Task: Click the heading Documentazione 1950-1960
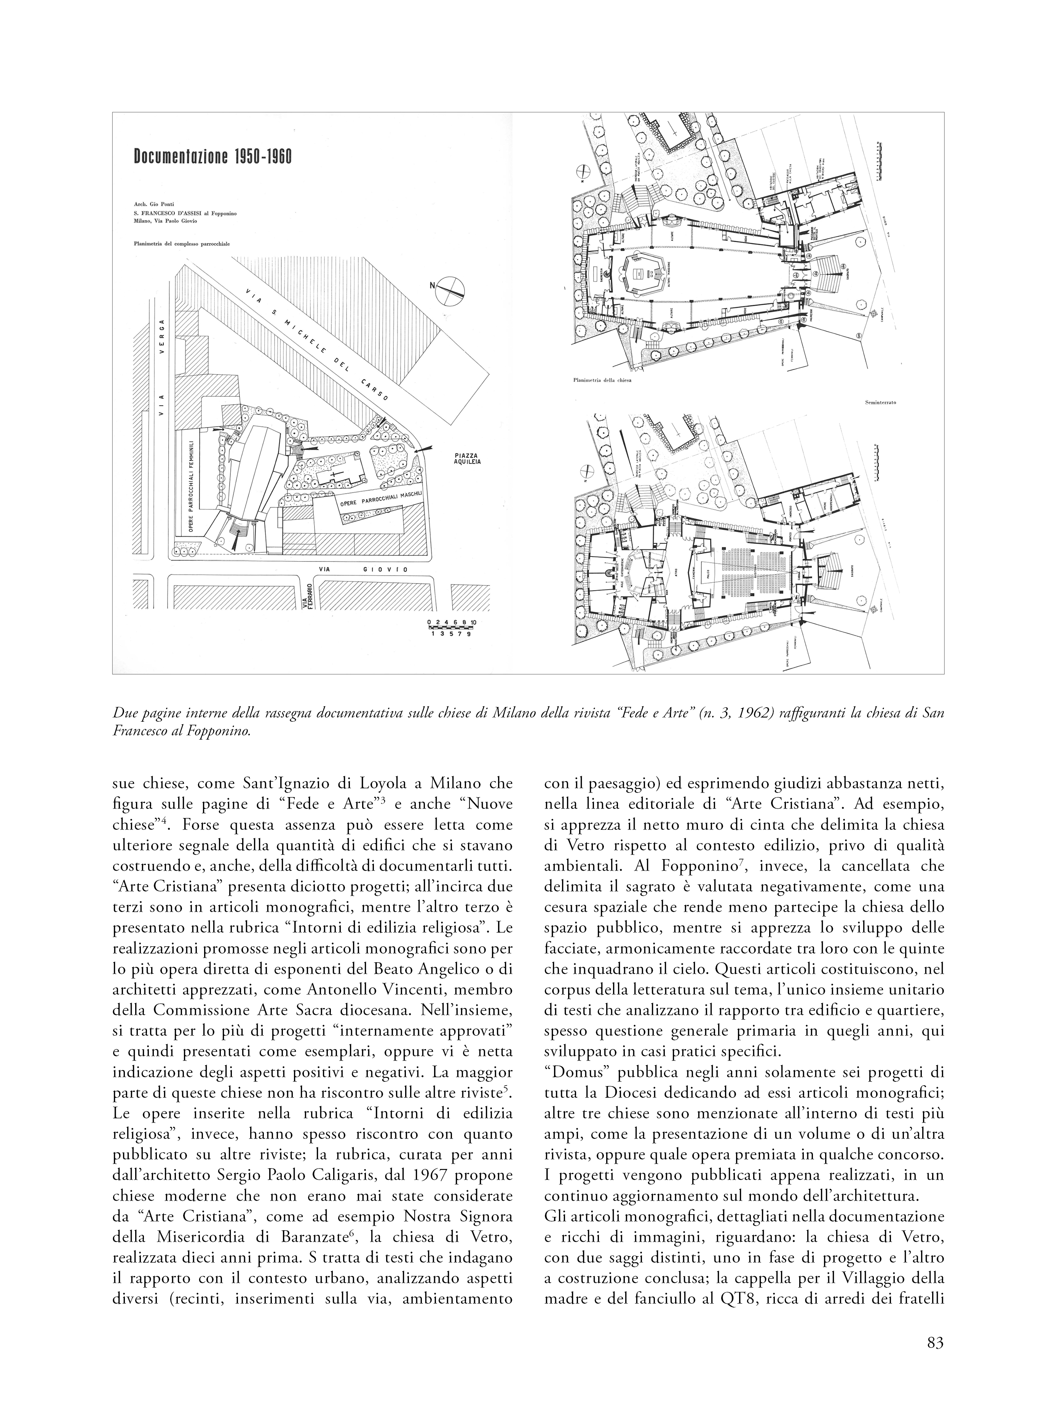coord(212,157)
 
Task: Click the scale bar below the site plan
coord(451,627)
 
